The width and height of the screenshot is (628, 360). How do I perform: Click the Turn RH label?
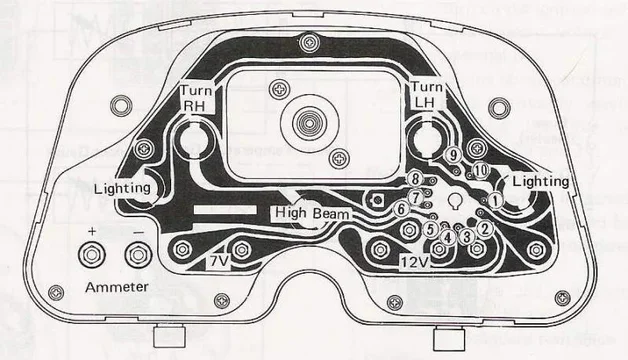pos(195,99)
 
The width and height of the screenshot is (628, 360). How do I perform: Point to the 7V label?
pos(219,261)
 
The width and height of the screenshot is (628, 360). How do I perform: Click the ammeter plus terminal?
pos(92,256)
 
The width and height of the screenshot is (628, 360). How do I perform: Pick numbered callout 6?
pos(401,209)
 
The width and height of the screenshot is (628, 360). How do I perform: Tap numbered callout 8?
pos(415,178)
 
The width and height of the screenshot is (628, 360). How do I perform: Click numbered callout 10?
pos(481,171)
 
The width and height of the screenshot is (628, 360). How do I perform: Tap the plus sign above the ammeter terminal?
pos(92,231)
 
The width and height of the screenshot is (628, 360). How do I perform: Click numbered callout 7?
pos(414,195)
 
